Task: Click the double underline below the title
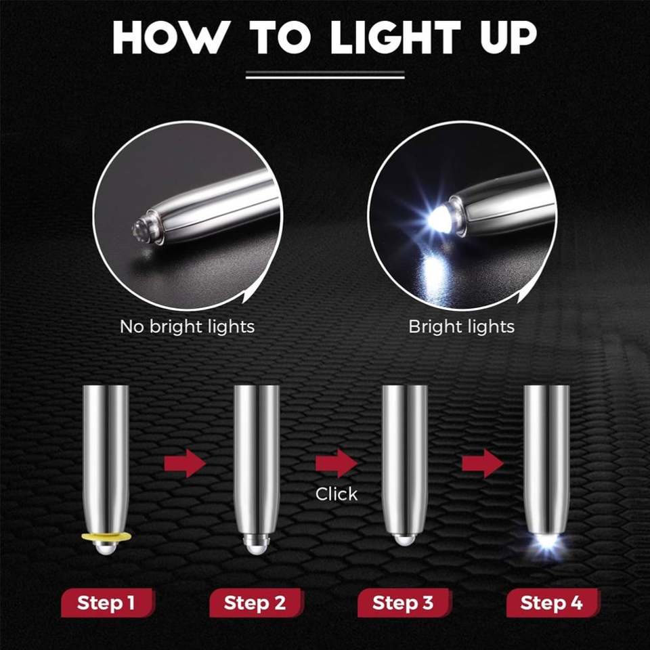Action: [x=325, y=74]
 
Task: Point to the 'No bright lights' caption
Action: [x=187, y=326]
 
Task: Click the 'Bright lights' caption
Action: [x=461, y=326]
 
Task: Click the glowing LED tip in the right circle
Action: [x=439, y=215]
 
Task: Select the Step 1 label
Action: [x=108, y=603]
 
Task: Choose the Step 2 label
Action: [x=256, y=603]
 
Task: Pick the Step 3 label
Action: [x=404, y=603]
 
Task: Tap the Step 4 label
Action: [x=552, y=603]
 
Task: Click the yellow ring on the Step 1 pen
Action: [x=106, y=538]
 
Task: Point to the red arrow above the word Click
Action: [x=337, y=463]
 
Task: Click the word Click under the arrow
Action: [x=337, y=494]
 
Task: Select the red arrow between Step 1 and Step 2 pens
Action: [x=185, y=463]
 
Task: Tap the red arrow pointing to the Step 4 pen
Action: [x=483, y=463]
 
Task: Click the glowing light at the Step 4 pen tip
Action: [x=547, y=543]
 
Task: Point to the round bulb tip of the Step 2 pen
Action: [x=256, y=544]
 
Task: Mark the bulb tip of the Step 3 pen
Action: [x=404, y=540]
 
